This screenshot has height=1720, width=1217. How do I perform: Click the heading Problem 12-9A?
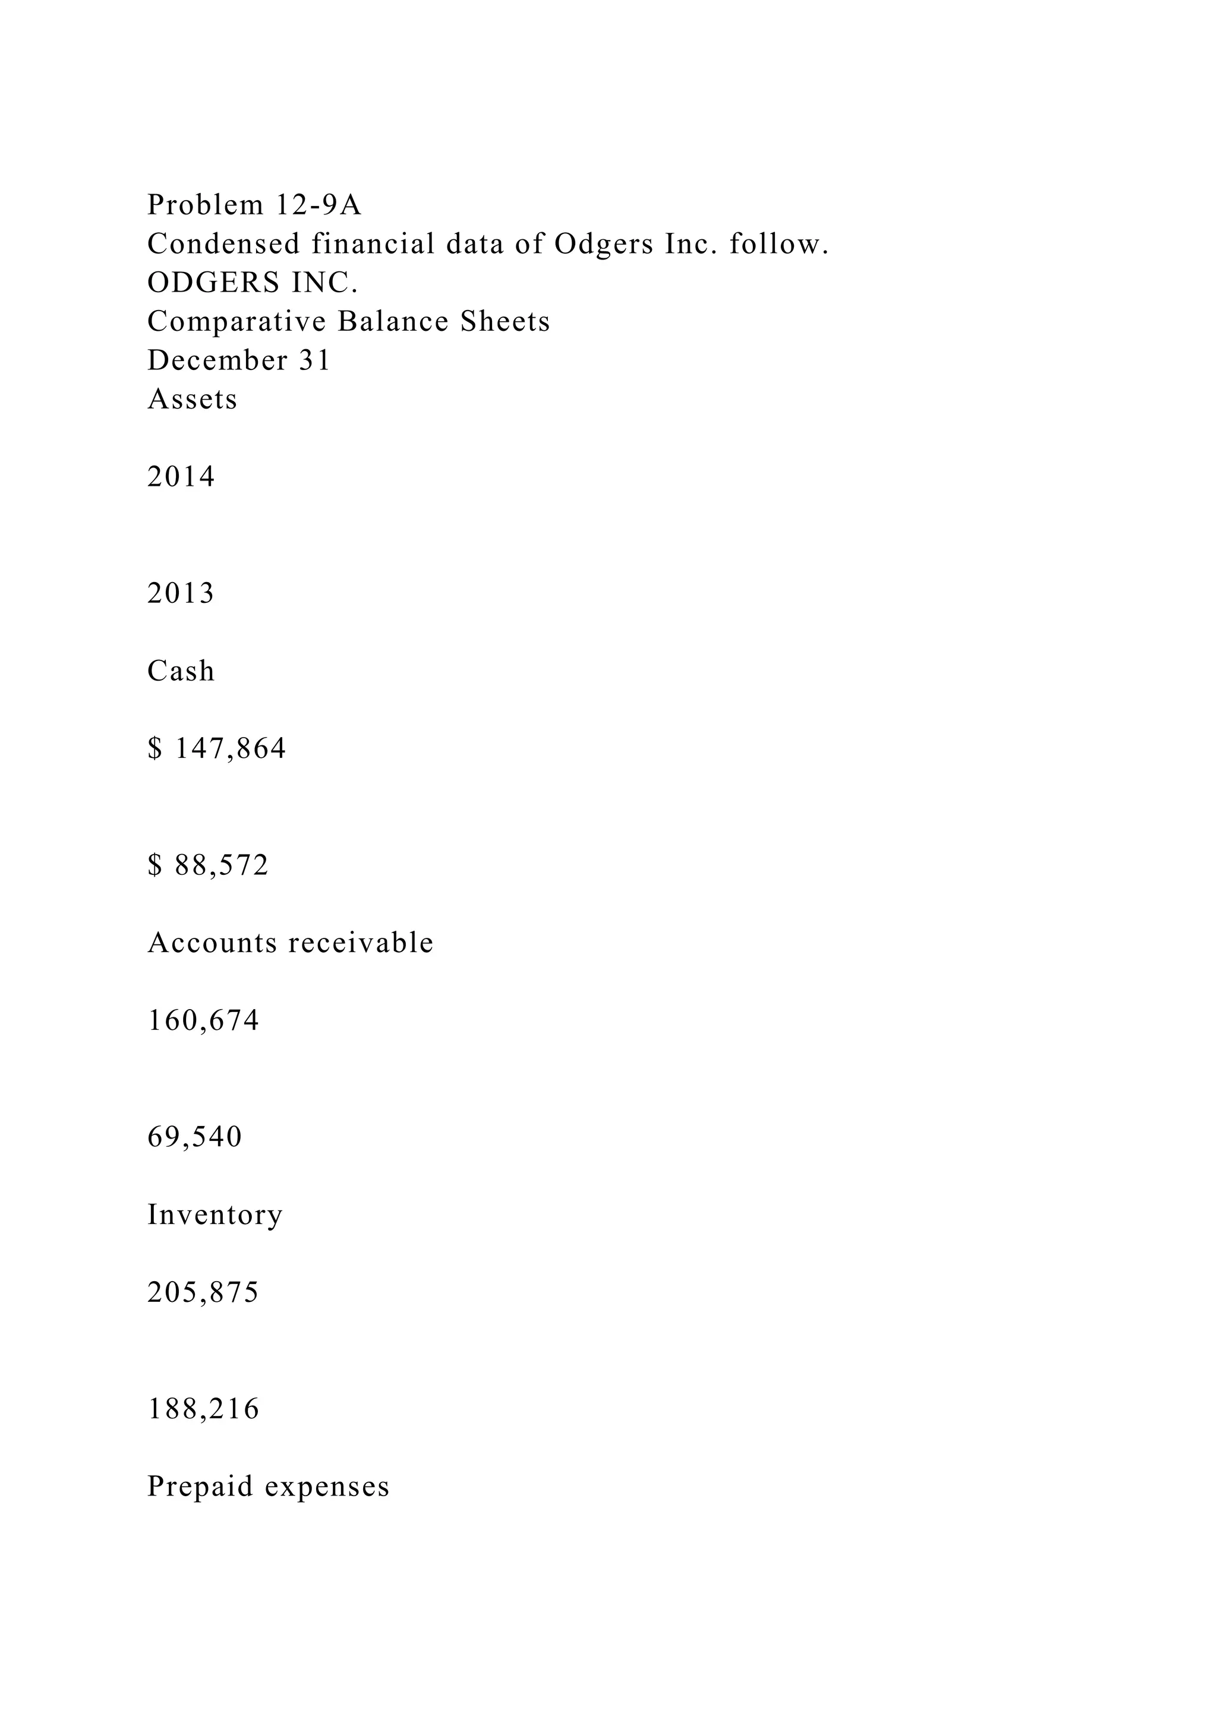(254, 204)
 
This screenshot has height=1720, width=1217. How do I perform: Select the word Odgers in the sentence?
(603, 244)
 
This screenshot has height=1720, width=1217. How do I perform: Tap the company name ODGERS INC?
(253, 283)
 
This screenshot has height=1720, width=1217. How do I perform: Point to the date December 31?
(239, 361)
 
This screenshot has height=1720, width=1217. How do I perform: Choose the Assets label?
(192, 399)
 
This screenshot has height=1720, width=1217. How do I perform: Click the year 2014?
(181, 476)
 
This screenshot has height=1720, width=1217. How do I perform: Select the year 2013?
(181, 593)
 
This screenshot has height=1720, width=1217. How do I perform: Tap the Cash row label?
(181, 671)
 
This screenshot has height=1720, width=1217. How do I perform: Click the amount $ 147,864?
(216, 748)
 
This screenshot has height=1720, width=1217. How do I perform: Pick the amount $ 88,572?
(207, 865)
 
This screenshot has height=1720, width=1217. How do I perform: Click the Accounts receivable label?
(290, 943)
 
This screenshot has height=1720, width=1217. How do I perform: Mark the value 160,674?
(203, 1020)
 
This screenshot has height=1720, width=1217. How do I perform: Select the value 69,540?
(195, 1137)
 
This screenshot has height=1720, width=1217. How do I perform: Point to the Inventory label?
(215, 1215)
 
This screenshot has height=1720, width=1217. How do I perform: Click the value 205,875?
(203, 1292)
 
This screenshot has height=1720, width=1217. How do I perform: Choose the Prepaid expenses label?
(268, 1486)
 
